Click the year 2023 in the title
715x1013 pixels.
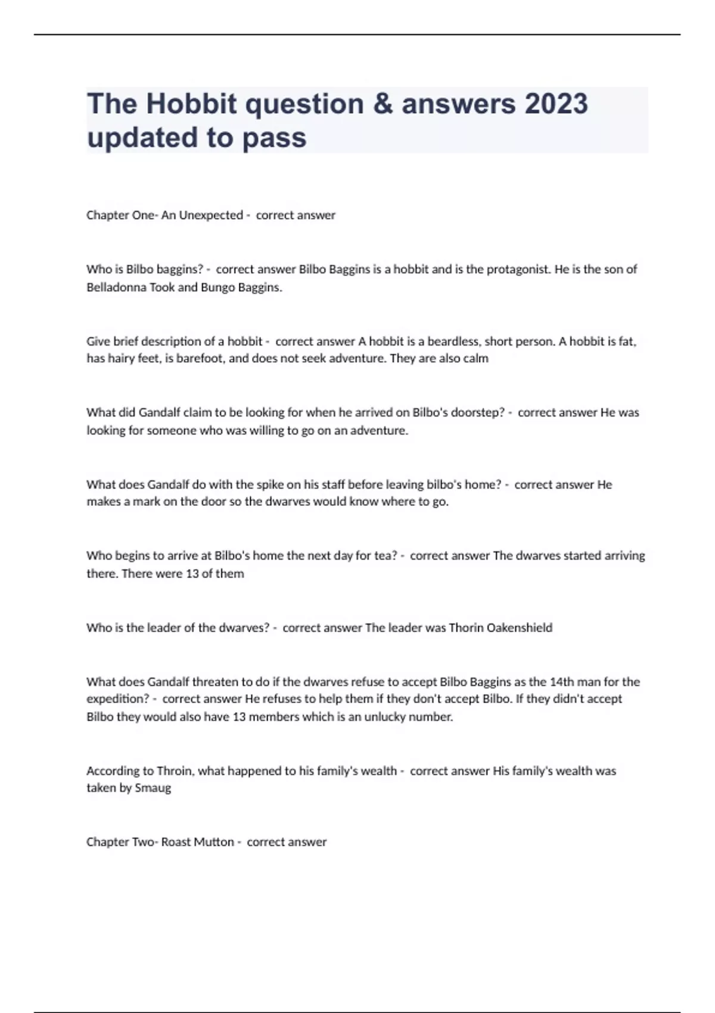[556, 104]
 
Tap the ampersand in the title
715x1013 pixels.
[383, 104]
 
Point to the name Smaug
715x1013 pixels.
[153, 788]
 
